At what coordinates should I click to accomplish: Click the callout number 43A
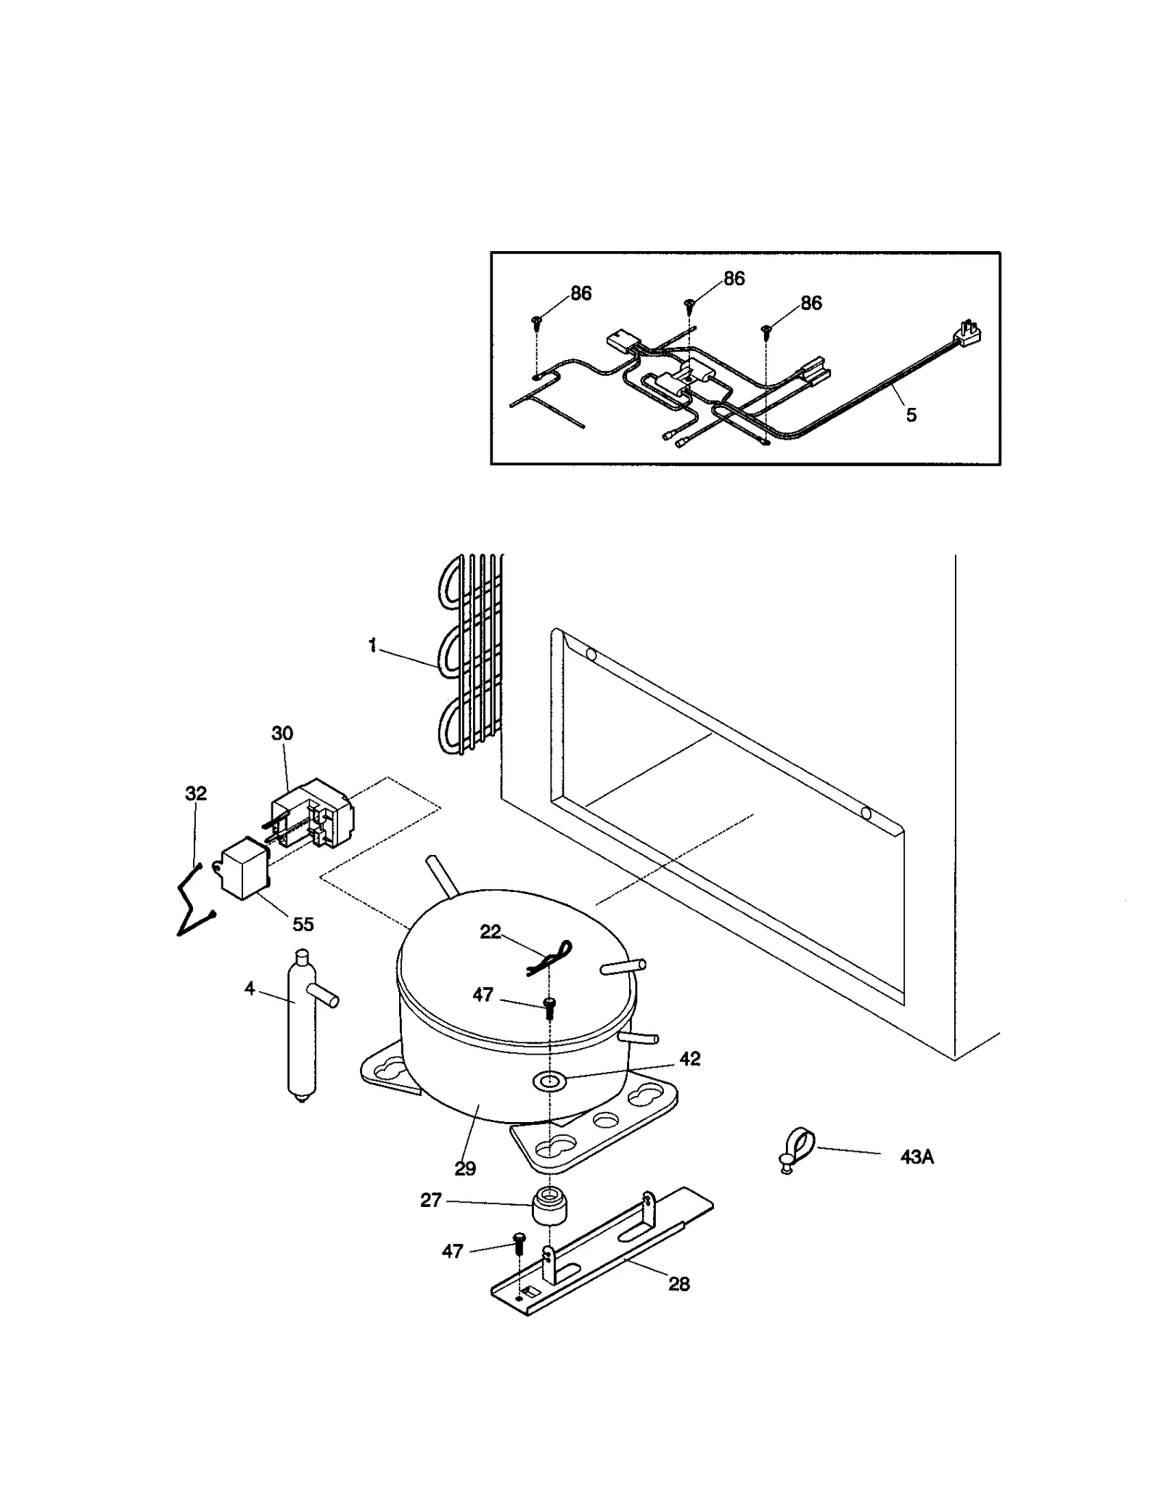[916, 1157]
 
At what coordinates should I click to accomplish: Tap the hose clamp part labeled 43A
[797, 1145]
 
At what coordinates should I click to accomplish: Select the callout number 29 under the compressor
[465, 1168]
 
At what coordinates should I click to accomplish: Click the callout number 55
[303, 924]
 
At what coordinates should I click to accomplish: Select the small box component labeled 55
[243, 867]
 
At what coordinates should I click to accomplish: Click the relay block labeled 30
[311, 814]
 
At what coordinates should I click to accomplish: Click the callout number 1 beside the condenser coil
[372, 645]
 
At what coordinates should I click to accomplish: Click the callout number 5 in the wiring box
[911, 415]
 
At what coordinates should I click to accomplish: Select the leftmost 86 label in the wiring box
[580, 293]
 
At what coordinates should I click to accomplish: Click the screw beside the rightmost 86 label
[766, 332]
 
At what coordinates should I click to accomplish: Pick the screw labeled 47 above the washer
[549, 1005]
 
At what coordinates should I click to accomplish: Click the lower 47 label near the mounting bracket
[452, 1251]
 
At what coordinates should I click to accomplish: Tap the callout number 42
[689, 1059]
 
